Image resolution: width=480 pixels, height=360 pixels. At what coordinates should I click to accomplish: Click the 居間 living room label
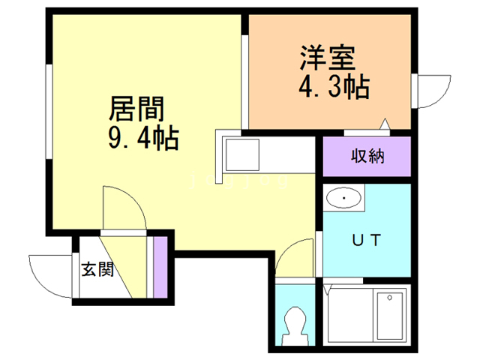click(136, 109)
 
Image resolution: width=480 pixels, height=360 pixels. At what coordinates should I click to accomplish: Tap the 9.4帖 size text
click(143, 138)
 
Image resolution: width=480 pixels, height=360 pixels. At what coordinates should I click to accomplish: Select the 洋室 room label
click(328, 58)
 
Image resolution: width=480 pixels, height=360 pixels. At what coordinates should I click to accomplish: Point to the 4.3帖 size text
click(334, 87)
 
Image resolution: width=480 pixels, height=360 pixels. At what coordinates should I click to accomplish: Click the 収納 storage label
click(367, 156)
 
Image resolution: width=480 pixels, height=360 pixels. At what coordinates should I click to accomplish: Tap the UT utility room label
click(367, 240)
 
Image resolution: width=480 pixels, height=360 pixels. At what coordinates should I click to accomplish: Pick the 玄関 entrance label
click(97, 269)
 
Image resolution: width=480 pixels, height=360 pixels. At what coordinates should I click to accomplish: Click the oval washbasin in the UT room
click(343, 198)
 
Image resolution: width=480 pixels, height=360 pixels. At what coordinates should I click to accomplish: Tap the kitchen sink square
click(242, 154)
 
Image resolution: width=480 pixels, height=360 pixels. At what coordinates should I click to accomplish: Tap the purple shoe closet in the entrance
click(160, 267)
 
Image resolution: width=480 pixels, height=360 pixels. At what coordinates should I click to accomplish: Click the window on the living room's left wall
click(49, 112)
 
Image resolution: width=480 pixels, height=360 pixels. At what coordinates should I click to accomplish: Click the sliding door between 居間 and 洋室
click(244, 82)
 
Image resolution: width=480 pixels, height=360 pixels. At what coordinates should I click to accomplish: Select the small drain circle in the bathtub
click(390, 298)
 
